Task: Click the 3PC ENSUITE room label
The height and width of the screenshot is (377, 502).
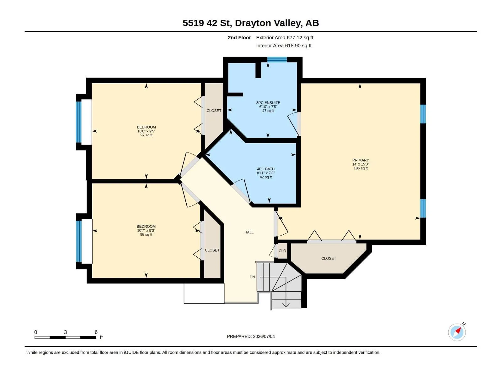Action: coord(268,103)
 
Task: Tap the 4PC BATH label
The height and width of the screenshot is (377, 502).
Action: coord(265,169)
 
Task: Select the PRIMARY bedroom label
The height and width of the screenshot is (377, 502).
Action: coord(360,160)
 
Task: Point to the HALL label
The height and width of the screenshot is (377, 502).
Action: coord(249,232)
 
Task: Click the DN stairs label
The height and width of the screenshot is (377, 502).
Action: coord(252,277)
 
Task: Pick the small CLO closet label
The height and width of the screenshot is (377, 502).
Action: coord(282,251)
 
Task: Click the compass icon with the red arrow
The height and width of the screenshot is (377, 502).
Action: coord(457,332)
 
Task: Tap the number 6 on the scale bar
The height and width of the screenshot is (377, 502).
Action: coord(96,332)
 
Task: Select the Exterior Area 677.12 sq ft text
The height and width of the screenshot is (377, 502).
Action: coord(285,37)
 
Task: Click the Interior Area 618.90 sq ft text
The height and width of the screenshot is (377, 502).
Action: coord(284,46)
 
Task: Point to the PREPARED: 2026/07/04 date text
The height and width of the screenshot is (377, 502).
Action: coord(251,336)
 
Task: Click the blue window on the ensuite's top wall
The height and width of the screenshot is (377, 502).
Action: coord(277,59)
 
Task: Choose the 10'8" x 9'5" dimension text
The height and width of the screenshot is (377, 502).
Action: coord(146,131)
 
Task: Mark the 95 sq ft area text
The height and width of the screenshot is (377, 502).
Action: coord(146,234)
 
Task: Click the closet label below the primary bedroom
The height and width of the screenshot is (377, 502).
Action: coord(328,259)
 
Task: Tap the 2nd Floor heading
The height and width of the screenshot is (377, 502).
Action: coord(239,37)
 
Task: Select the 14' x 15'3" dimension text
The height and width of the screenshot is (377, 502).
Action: coord(360,164)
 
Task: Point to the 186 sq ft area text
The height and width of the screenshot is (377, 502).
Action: coord(360,168)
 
